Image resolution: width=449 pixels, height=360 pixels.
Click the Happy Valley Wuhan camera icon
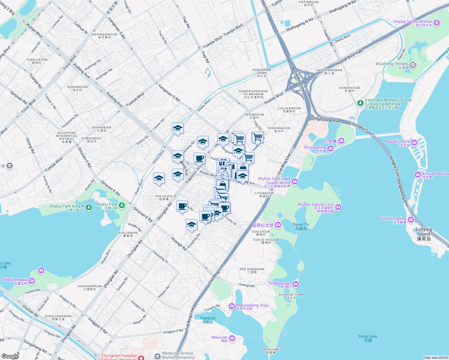coord(437,22)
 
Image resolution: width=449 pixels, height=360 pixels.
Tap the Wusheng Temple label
coord(392,64)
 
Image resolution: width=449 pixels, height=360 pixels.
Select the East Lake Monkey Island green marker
coord(360,103)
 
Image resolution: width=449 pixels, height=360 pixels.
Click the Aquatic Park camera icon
coord(414,142)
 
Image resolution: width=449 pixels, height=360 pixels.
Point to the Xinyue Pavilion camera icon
coord(417,175)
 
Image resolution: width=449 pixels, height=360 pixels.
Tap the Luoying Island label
coord(424,234)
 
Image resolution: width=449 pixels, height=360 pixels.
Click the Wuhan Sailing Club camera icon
coord(339,207)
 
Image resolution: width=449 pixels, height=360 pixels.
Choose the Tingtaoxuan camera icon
coord(296,284)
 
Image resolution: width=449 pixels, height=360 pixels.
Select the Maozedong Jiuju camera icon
coord(231,306)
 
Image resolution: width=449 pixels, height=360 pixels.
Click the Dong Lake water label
coord(368,338)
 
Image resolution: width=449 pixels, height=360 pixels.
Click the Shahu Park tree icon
coord(122,205)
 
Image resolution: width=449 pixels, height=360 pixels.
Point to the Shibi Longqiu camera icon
coord(32,281)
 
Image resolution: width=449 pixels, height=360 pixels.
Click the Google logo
coord(10,356)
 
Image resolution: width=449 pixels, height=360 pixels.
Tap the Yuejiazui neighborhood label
coord(164,197)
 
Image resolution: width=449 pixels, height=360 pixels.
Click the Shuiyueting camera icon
coord(330,148)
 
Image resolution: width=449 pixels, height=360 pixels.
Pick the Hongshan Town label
coord(262,71)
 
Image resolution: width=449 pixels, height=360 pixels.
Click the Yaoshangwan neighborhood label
coord(329,72)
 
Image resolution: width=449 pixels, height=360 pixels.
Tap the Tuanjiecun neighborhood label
coord(37,61)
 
